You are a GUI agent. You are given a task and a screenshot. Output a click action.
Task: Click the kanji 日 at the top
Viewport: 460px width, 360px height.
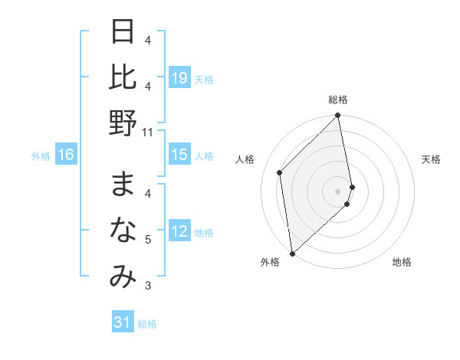[123, 33]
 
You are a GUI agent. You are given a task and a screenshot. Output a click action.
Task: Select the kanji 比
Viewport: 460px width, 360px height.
[123, 77]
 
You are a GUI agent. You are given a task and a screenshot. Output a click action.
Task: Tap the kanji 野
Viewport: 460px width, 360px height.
[123, 122]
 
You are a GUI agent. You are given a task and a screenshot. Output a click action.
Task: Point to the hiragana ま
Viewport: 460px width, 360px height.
[123, 184]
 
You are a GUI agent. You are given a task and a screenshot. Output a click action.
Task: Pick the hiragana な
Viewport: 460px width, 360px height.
[123, 229]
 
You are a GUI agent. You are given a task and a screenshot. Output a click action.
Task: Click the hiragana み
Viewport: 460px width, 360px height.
[123, 277]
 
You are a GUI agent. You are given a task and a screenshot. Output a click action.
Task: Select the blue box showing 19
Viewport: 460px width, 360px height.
[179, 77]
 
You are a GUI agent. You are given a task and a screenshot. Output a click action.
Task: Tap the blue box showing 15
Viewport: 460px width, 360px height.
[179, 155]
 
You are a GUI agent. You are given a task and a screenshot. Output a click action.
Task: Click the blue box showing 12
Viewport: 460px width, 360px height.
[179, 231]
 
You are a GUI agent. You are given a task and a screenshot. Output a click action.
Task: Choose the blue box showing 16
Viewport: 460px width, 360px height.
[66, 155]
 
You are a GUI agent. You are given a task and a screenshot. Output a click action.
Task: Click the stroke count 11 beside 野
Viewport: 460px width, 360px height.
[148, 132]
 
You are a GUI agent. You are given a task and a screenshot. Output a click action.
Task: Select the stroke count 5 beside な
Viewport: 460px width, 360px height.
[148, 240]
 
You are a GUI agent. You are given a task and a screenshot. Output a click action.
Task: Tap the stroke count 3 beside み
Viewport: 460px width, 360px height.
[148, 286]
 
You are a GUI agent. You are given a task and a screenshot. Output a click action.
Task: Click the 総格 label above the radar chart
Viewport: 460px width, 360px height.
[338, 100]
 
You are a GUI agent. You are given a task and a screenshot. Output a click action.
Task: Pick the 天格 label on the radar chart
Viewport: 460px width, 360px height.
[431, 159]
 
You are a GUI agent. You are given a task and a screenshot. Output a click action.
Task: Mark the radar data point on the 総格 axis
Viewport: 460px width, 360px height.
[338, 116]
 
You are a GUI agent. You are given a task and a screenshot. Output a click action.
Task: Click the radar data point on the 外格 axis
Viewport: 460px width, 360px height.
[292, 253]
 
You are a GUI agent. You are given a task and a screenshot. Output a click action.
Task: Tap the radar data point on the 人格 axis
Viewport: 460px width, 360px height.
[280, 172]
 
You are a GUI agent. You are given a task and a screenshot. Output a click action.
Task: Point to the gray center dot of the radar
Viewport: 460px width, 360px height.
[338, 191]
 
